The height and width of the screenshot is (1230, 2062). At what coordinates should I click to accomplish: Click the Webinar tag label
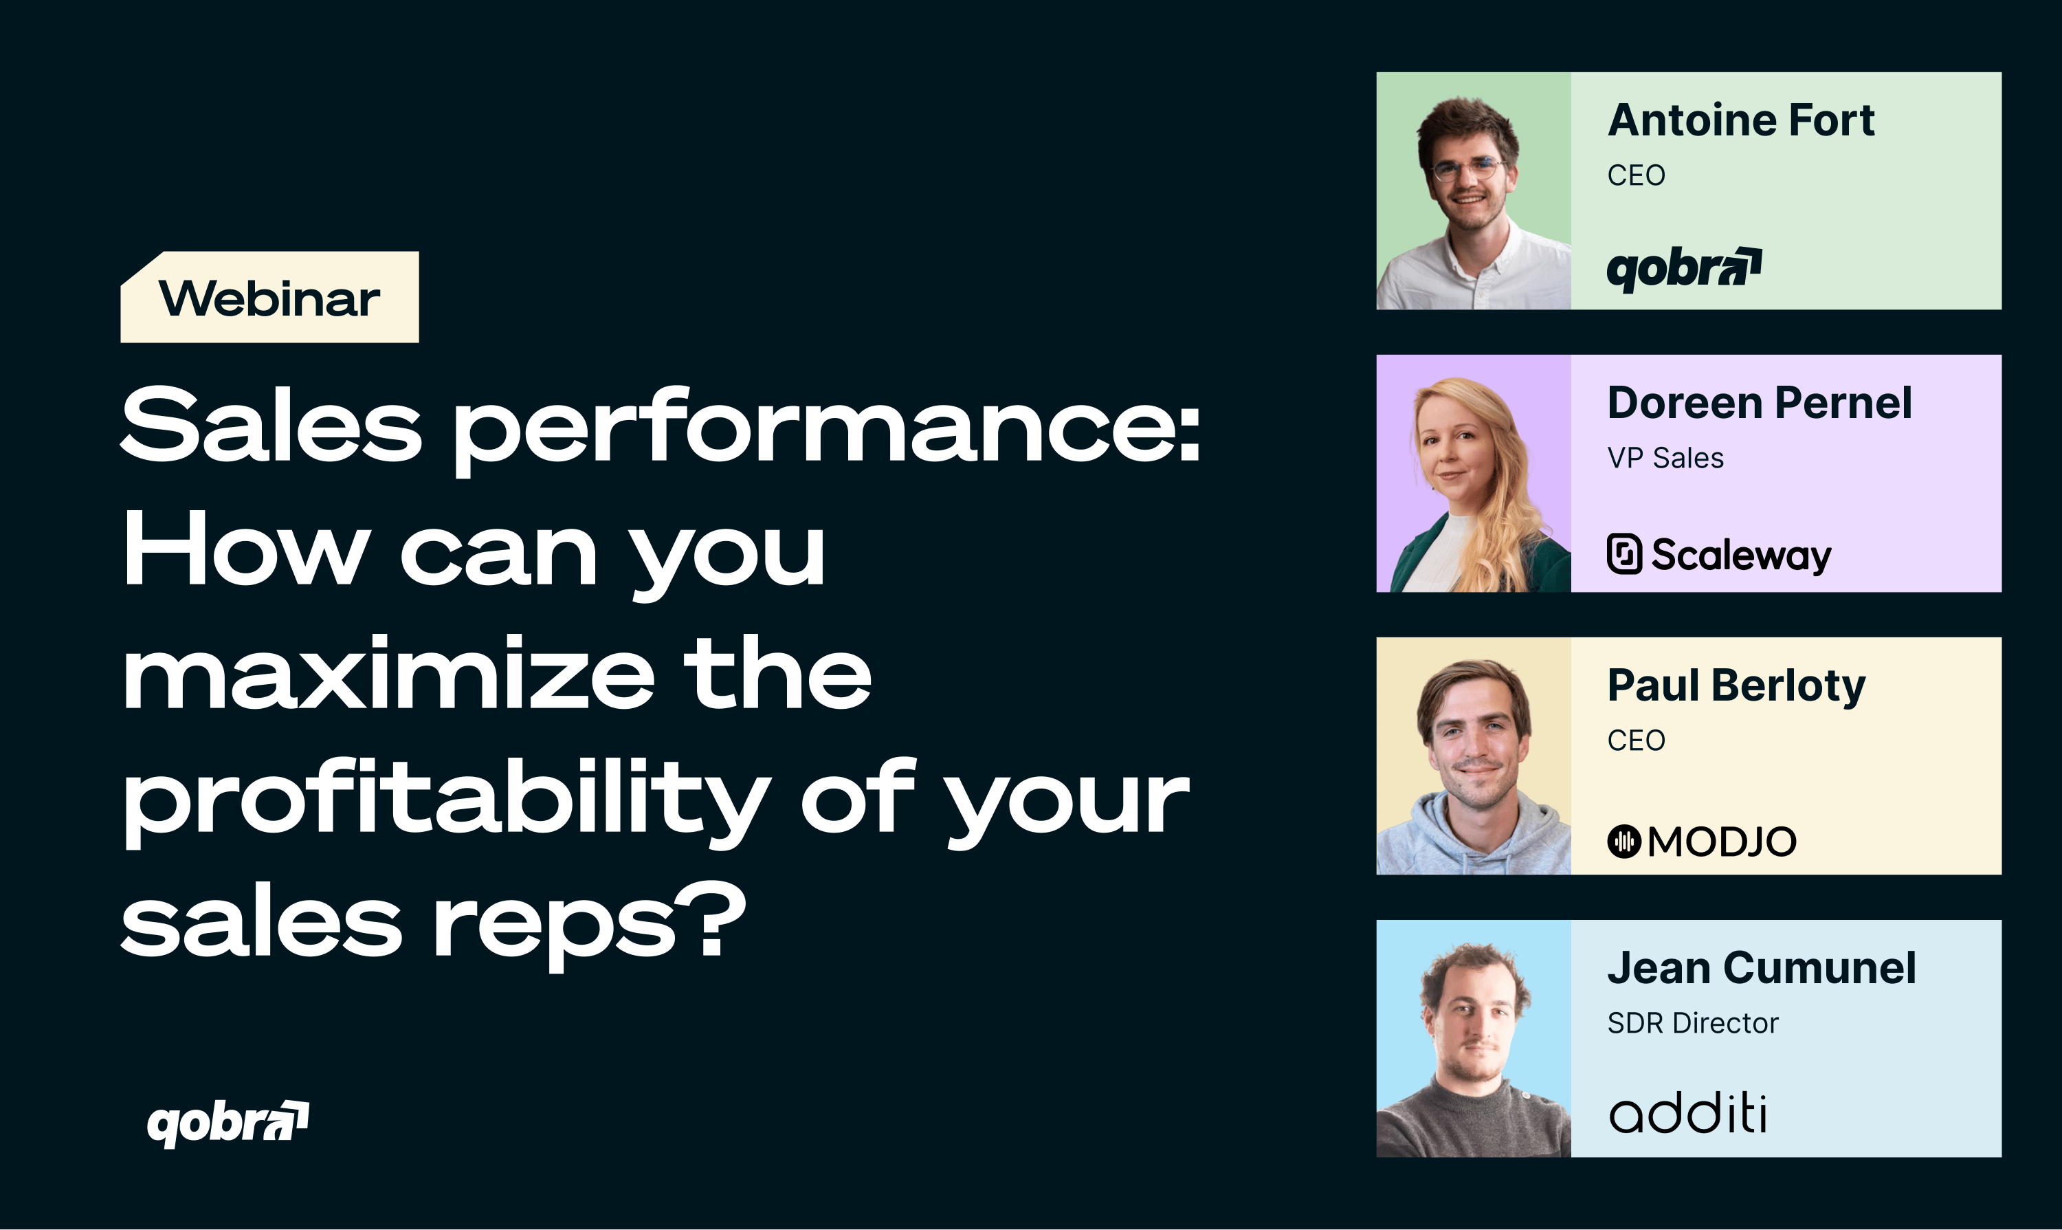269,298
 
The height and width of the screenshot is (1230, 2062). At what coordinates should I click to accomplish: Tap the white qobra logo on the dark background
228,1124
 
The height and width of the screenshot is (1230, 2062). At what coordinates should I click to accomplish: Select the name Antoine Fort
1740,120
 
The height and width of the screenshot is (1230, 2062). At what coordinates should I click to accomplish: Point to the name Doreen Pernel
1760,404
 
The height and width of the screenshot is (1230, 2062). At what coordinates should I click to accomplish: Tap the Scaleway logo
1719,554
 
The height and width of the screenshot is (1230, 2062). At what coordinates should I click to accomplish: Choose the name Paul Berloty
1736,687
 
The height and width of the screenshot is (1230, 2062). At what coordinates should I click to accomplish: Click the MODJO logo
1702,842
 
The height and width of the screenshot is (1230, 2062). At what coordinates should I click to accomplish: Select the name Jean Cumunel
1761,968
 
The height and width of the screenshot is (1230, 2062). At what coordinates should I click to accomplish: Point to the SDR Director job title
1692,1024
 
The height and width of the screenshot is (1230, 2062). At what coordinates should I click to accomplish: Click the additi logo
1687,1113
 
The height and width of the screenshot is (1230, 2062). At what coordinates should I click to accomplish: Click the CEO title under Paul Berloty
1636,741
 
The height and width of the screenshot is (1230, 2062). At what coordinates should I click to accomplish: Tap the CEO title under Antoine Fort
1636,176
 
